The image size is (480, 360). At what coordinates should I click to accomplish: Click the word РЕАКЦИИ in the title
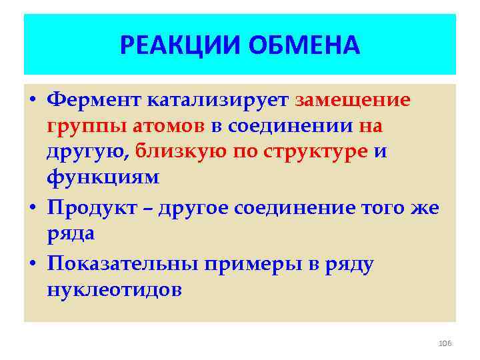[x=180, y=45]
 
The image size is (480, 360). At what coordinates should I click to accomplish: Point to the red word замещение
[x=353, y=100]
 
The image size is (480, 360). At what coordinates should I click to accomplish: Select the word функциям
[x=103, y=177]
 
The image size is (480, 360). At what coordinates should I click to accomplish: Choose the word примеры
[x=252, y=265]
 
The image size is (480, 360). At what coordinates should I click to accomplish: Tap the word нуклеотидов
[x=114, y=291]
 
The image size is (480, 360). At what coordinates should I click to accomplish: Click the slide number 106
[x=445, y=343]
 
